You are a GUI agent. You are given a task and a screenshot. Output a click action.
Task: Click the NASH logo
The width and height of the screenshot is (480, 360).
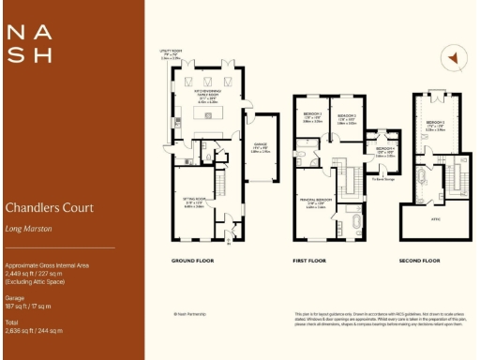tap(29, 43)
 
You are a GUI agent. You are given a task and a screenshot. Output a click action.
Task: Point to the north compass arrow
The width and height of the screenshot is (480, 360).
tap(452, 59)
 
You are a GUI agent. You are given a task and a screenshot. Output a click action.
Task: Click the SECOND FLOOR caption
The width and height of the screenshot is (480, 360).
tap(420, 260)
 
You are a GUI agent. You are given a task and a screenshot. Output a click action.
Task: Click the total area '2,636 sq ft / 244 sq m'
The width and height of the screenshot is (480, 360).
tap(33, 330)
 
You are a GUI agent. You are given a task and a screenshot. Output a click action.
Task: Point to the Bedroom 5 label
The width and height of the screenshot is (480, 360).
tap(434, 126)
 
